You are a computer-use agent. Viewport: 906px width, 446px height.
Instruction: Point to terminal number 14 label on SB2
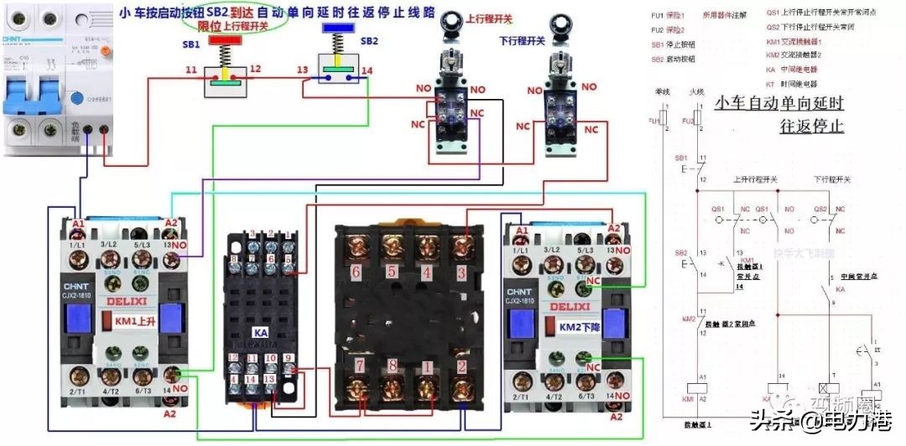coord(367,70)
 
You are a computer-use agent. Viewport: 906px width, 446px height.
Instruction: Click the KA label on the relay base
coord(260,333)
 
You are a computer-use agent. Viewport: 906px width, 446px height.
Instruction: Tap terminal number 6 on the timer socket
coord(356,272)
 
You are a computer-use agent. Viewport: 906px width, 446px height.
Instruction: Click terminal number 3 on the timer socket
coord(461,272)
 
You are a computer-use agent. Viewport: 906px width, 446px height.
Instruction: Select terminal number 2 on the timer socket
coord(461,366)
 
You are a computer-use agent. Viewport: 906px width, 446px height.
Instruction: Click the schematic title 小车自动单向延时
coord(778,104)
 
